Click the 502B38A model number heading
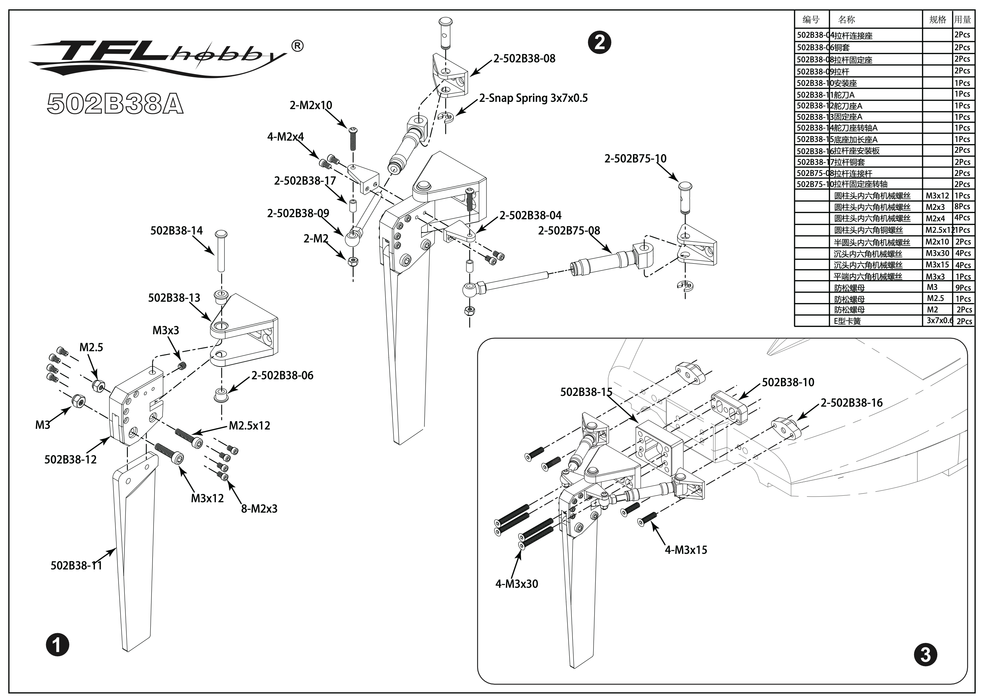coord(115,104)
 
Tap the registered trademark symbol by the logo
coord(297,46)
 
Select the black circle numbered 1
coord(58,645)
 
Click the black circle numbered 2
coord(599,43)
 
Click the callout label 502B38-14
coord(176,231)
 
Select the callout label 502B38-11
coord(76,566)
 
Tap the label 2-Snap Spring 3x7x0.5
coord(534,98)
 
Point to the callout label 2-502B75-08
coord(569,231)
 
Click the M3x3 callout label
coord(166,330)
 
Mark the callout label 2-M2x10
coord(311,105)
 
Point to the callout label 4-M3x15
coord(686,550)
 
